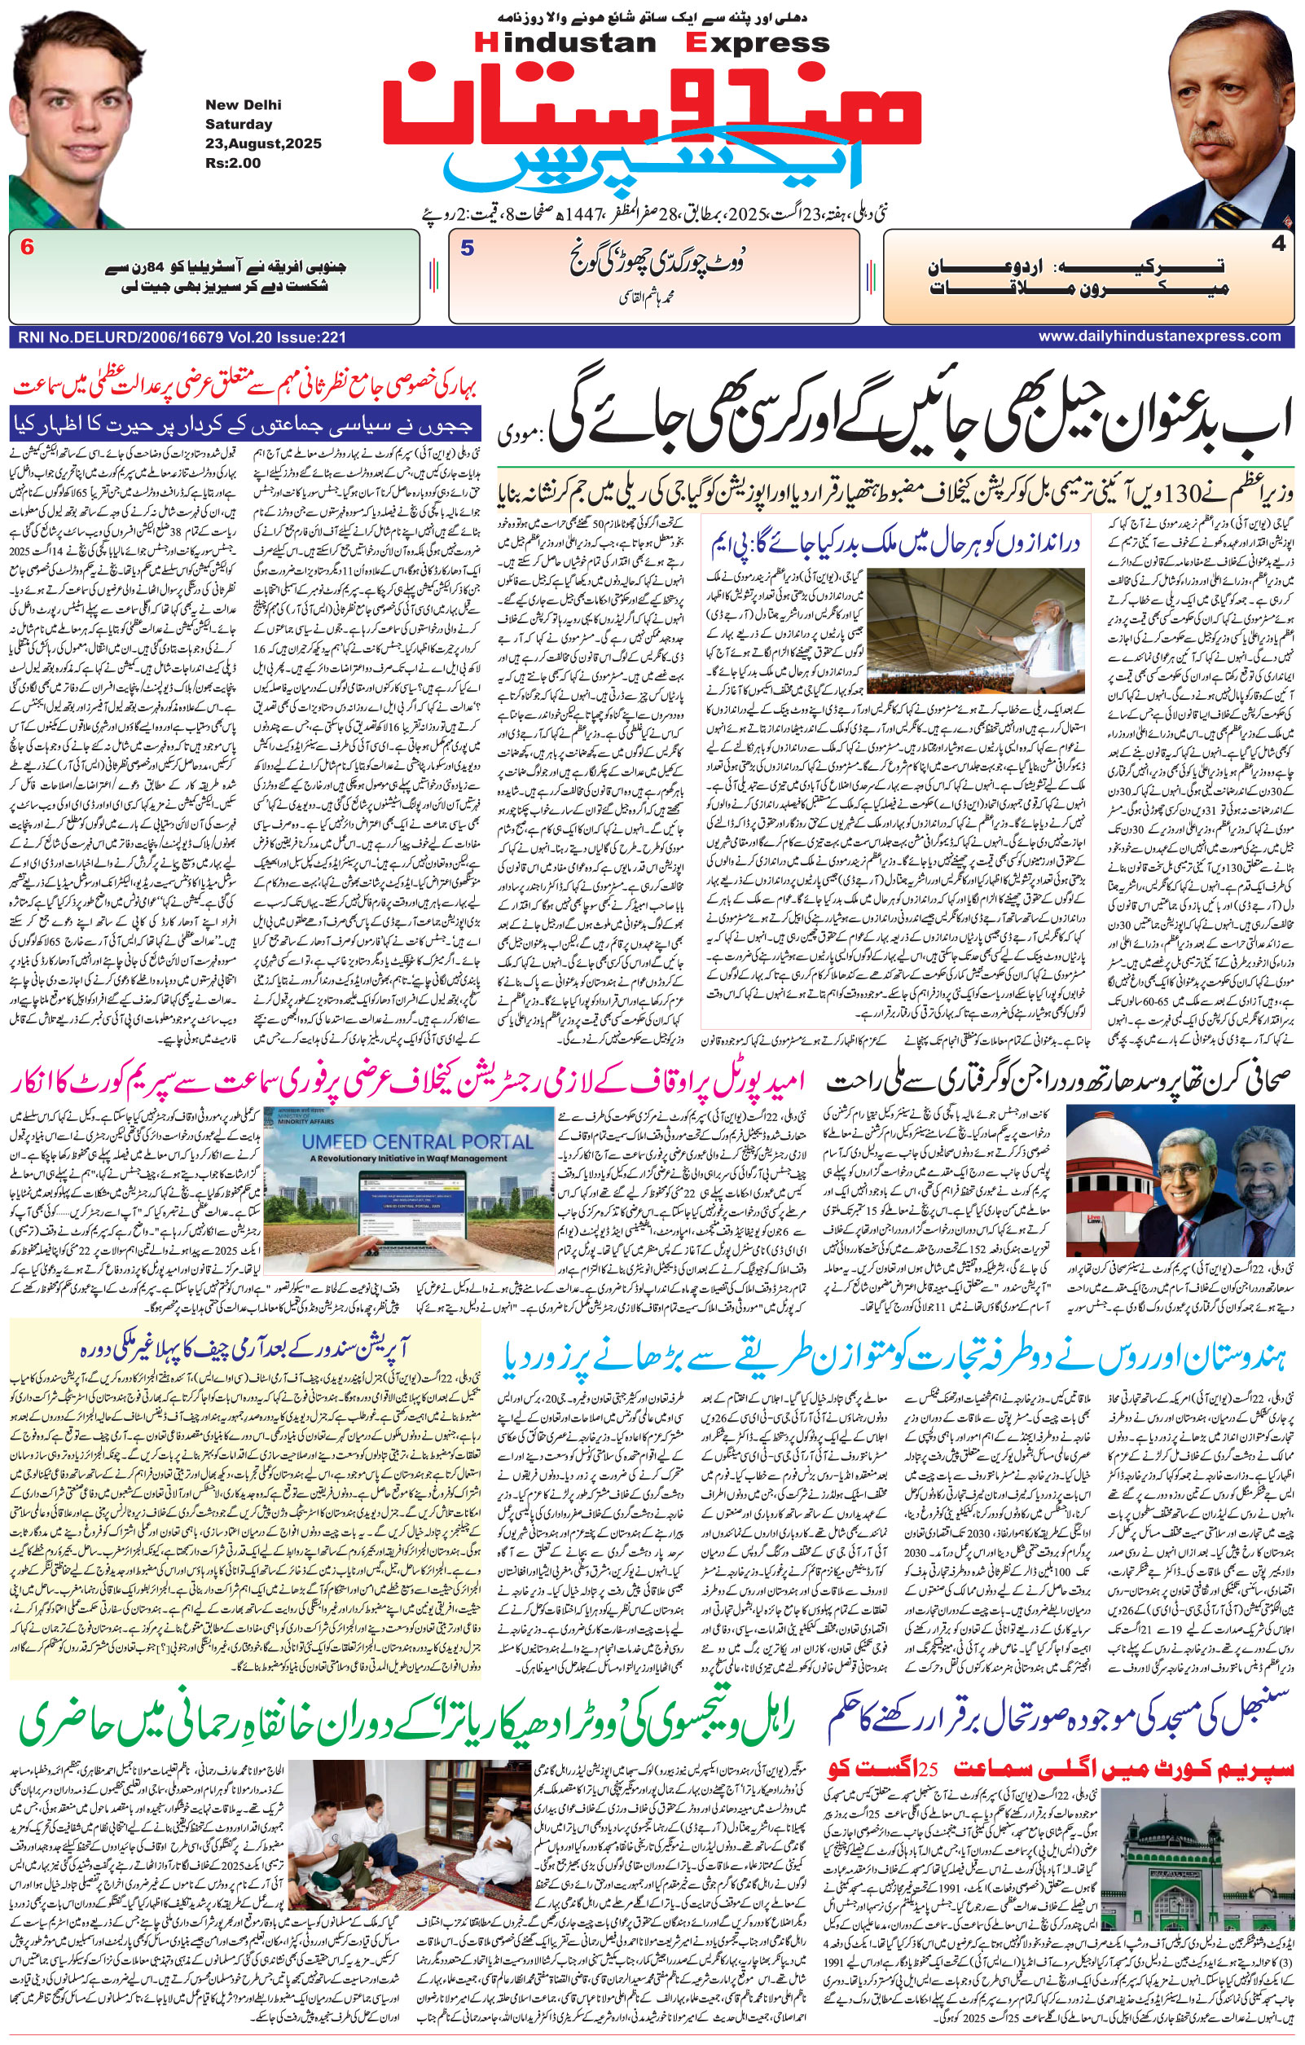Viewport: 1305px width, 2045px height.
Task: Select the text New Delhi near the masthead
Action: click(243, 105)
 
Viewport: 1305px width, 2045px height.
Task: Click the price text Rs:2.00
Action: click(233, 163)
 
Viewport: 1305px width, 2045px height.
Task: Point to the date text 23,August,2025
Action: click(263, 143)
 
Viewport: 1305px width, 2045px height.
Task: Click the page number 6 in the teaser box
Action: click(27, 248)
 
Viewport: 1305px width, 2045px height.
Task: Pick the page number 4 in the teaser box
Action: click(1279, 244)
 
